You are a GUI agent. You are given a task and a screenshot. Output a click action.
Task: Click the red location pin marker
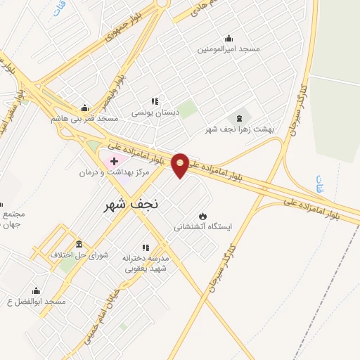pyautogui.click(x=180, y=165)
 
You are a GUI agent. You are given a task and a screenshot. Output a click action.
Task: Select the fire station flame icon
pyautogui.click(x=203, y=216)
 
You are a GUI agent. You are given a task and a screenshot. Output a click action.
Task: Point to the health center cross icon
pyautogui.click(x=115, y=162)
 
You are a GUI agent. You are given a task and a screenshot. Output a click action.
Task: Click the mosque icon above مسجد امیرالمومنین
pyautogui.click(x=228, y=38)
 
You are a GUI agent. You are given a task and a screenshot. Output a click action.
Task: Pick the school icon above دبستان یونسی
pyautogui.click(x=155, y=101)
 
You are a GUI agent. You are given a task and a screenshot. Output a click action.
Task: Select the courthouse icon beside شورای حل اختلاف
pyautogui.click(x=78, y=244)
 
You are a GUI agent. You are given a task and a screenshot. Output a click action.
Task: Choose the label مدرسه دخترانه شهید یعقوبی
pyautogui.click(x=146, y=263)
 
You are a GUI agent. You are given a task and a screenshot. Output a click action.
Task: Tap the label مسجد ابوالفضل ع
pyautogui.click(x=36, y=302)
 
